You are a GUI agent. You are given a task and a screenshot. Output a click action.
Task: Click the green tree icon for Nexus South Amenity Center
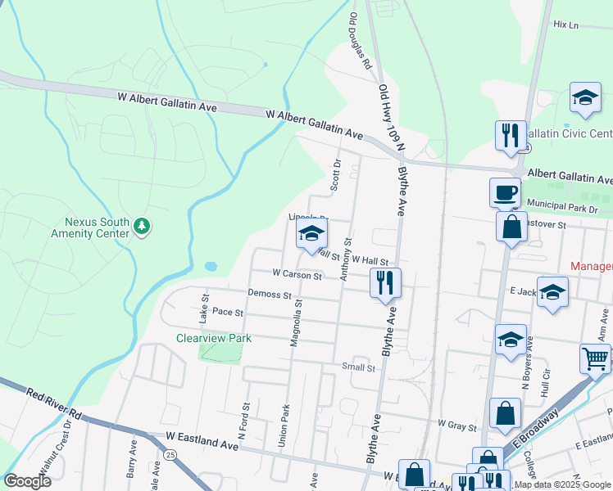[142, 225]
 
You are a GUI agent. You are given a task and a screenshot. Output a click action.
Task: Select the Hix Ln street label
[565, 25]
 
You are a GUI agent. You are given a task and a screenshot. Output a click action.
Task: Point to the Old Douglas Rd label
[361, 39]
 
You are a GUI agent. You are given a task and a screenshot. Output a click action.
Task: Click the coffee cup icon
[505, 193]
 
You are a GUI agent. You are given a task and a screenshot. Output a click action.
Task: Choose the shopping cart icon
[595, 358]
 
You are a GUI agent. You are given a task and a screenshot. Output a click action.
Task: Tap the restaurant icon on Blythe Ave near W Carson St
[385, 283]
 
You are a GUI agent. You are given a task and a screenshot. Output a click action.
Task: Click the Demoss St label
[270, 295]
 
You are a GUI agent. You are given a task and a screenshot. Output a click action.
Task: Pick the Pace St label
[228, 313]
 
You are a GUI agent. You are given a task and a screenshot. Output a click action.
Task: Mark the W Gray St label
[457, 425]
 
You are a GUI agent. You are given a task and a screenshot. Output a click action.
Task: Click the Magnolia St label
[297, 322]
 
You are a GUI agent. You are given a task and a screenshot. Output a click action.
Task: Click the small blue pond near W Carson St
[211, 267]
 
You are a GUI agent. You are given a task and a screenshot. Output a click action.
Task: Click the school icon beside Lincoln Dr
[311, 234]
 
